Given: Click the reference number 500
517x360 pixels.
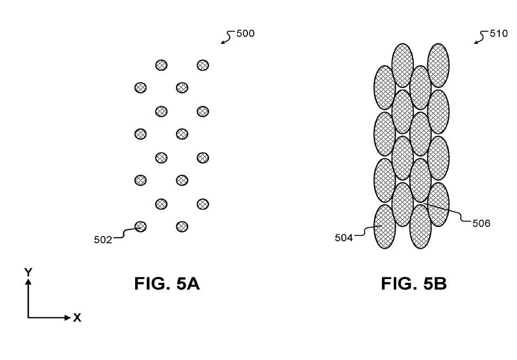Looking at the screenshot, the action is coord(245,33).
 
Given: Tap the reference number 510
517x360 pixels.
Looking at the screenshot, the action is coord(499,33).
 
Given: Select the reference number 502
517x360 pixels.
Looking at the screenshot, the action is coord(103,240).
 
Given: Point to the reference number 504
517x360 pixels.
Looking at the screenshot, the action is coord(344,238).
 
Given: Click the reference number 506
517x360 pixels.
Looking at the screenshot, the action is coord(481,223).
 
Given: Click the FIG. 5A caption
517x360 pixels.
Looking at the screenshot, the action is coord(167,283).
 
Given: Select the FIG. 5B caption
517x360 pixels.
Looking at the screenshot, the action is coord(414,283).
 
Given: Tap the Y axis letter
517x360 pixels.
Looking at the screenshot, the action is coord(28,272).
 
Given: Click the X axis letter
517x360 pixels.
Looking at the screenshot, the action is coord(77,318).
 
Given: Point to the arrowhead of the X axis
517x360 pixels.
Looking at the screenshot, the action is coord(68,318).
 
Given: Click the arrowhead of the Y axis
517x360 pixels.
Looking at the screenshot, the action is coord(28,281).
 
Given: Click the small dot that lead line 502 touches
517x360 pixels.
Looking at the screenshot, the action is coord(140,227).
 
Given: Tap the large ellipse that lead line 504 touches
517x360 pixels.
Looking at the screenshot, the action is coord(385,227).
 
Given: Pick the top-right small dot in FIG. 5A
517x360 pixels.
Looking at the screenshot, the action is coord(203,65).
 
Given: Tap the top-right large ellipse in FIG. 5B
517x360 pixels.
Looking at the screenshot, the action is coord(438,65).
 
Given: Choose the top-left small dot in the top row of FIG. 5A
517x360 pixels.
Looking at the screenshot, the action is coord(161,65).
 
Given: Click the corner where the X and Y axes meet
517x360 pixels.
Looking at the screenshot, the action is coord(28,318).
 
